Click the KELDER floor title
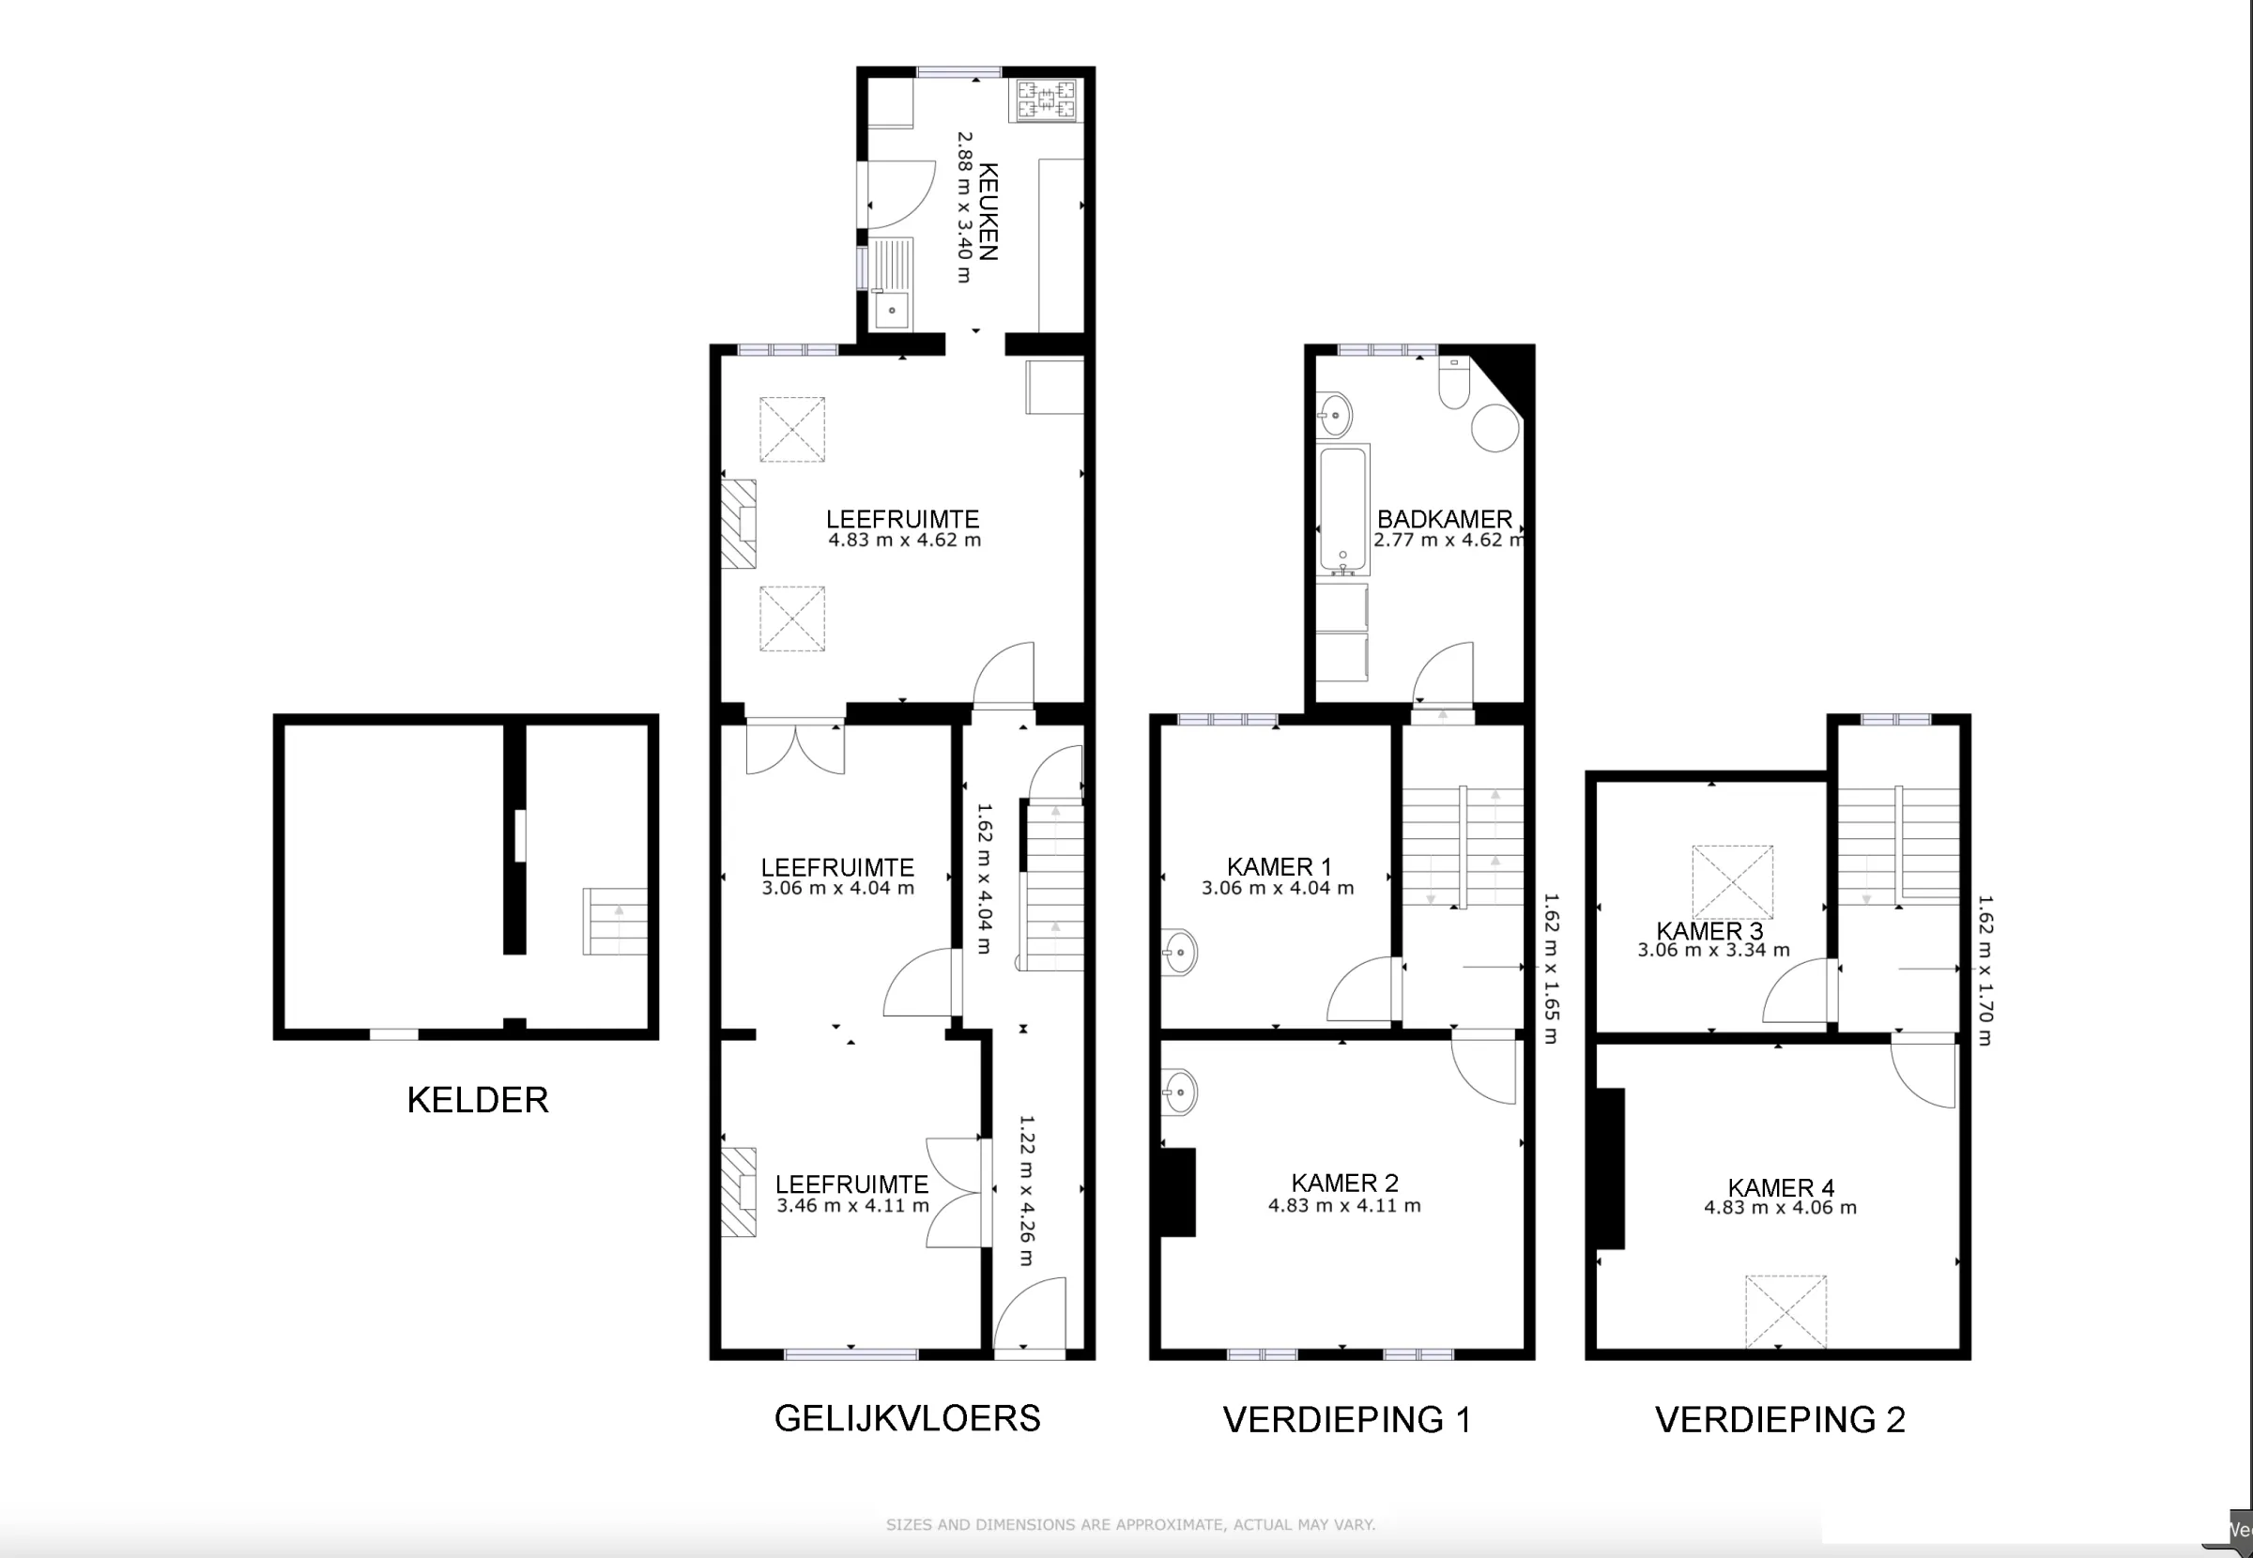tap(477, 1100)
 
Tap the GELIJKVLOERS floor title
tap(908, 1418)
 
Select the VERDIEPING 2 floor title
tap(1780, 1419)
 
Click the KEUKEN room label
tap(987, 212)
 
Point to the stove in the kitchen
tap(1047, 99)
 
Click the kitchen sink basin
tap(891, 311)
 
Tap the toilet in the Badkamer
tap(1454, 384)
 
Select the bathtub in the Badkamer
tap(1343, 510)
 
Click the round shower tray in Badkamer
tap(1495, 428)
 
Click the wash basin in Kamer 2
tap(1179, 1091)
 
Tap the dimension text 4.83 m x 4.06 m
tap(1781, 1208)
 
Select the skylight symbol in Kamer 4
tap(1786, 1311)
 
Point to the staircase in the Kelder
tap(615, 921)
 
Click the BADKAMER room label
tap(1445, 519)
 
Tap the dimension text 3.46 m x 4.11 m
tap(853, 1206)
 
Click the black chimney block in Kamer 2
tap(1178, 1192)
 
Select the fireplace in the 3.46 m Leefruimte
tap(739, 1192)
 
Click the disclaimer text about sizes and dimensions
tap(1130, 1524)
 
